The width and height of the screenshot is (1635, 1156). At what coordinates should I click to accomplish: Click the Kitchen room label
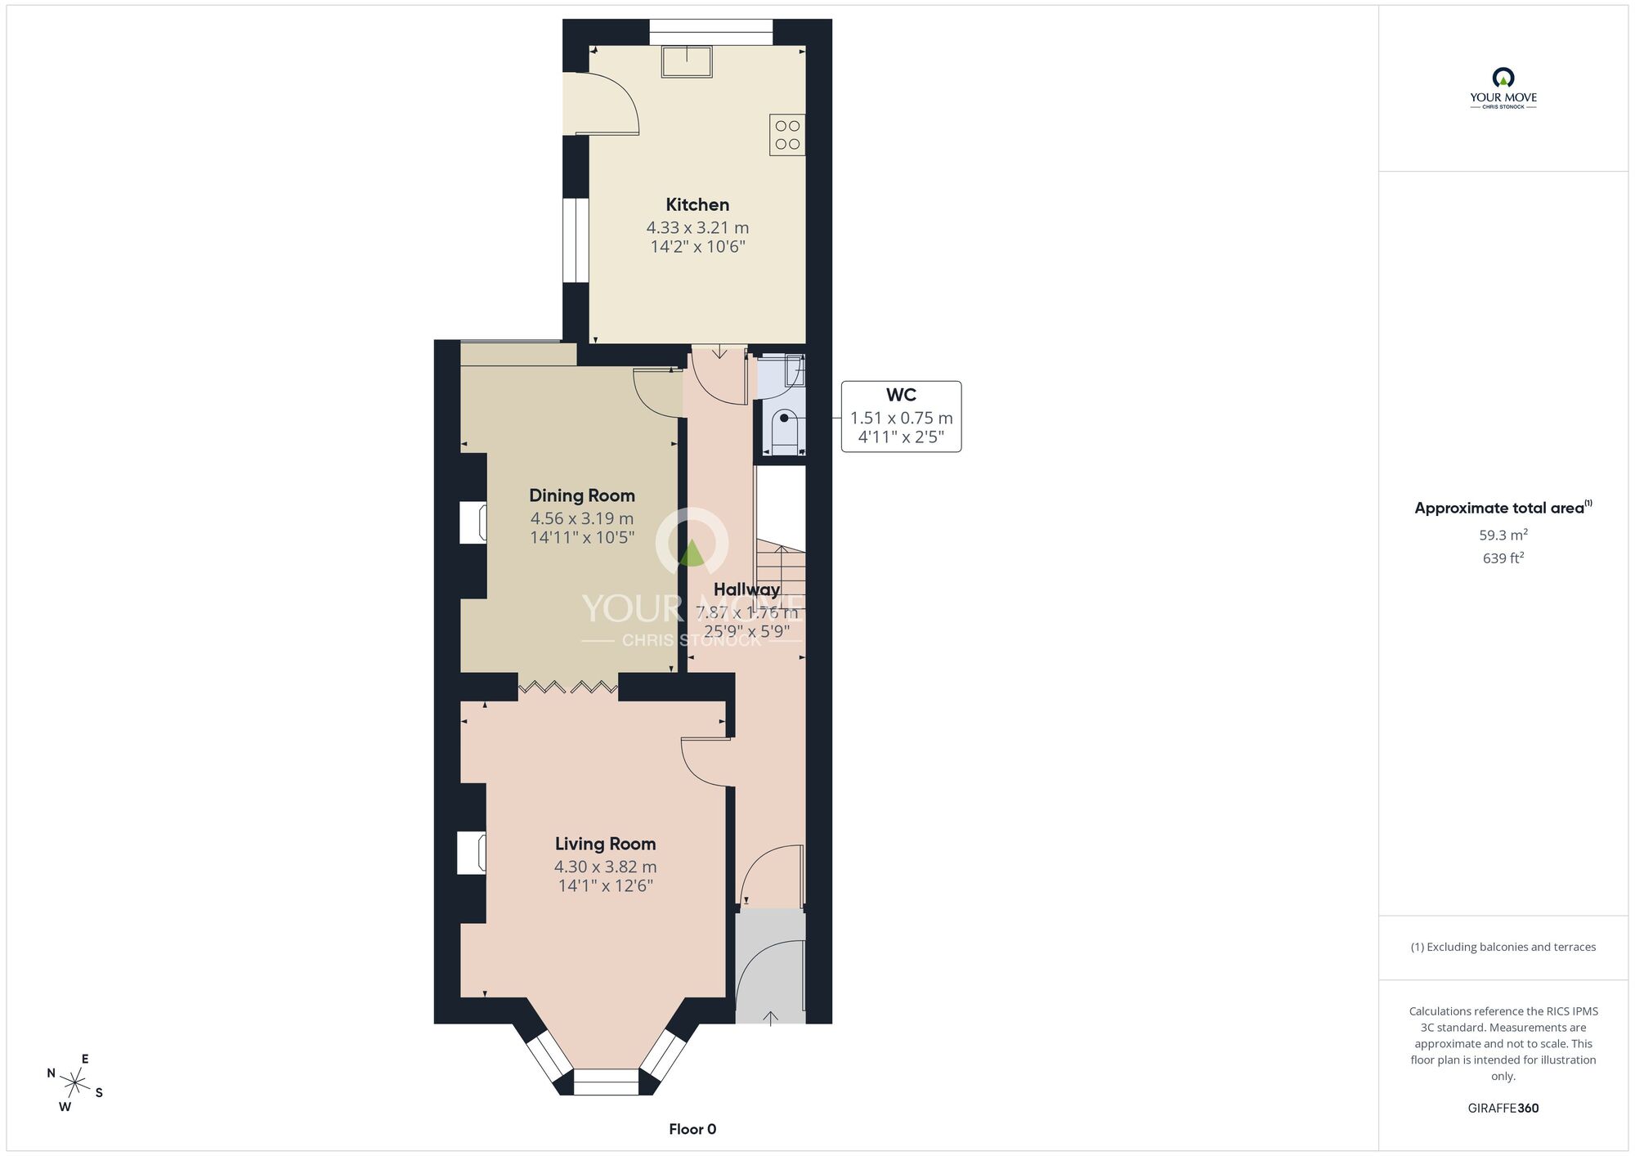[697, 204]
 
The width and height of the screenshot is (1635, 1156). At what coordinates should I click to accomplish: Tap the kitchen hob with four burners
[787, 135]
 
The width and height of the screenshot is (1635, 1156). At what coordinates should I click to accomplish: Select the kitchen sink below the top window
[687, 61]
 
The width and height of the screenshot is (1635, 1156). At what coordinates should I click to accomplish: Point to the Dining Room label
[582, 495]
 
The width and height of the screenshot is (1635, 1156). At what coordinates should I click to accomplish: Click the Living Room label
[606, 844]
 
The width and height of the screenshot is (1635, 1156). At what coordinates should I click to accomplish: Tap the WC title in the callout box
[901, 395]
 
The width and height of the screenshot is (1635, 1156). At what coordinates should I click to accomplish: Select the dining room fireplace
[473, 523]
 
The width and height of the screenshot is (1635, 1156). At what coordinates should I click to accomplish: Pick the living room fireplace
[473, 854]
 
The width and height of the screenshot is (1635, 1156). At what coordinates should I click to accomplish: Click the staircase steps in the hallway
[781, 572]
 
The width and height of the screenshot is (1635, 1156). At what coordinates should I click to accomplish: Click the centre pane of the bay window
[606, 1082]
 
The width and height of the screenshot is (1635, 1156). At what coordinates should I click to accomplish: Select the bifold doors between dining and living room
[568, 687]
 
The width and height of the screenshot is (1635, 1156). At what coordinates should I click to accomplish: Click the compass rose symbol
[75, 1084]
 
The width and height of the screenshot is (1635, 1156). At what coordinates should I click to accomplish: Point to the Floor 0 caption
[692, 1129]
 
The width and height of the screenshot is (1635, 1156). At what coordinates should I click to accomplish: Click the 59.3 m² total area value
[1503, 535]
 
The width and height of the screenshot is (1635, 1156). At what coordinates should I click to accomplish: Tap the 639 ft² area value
[1503, 558]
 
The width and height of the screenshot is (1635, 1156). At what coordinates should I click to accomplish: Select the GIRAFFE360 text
[1503, 1109]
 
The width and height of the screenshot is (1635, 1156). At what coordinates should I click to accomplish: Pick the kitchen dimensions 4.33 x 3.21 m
[697, 227]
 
